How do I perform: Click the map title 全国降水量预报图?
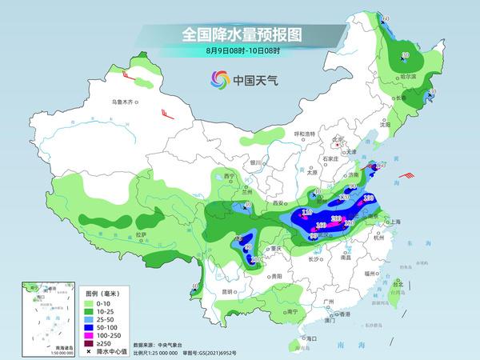tap(240, 34)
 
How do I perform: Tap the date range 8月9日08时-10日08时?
tap(240, 51)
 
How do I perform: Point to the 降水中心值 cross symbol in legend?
tap(90, 349)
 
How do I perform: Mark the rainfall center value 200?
tap(338, 218)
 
